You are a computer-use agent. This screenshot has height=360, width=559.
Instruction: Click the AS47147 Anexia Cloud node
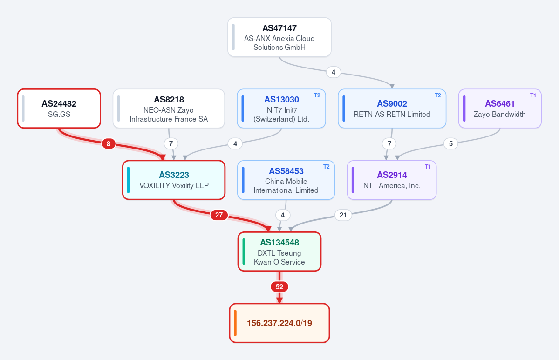point(279,37)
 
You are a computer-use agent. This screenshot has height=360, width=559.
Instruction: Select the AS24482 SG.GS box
point(59,109)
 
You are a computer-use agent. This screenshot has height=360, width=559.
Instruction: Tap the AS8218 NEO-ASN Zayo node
point(169,109)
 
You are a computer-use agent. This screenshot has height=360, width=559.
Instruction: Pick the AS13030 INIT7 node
point(281,109)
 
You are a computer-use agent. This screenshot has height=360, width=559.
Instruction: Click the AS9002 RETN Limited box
point(392,109)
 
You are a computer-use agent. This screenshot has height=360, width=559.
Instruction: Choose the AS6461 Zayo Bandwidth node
point(500,109)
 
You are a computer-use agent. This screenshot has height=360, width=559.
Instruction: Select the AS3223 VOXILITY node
point(174,180)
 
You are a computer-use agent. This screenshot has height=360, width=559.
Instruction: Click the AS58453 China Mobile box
point(286,180)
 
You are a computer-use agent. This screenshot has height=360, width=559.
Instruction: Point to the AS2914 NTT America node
point(392,180)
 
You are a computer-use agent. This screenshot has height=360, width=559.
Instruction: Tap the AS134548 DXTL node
point(279,251)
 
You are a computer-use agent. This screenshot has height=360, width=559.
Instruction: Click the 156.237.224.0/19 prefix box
point(279,323)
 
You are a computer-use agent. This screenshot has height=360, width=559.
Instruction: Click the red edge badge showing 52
point(279,287)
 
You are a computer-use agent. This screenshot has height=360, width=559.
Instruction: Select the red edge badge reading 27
point(219,215)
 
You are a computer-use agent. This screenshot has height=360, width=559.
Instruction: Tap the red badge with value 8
point(109,144)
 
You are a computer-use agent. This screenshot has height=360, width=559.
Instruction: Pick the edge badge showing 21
point(343,215)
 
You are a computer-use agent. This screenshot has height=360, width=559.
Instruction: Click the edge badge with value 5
point(451,144)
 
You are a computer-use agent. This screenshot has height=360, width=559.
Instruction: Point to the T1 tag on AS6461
point(533,95)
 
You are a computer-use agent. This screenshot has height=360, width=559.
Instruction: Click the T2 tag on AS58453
point(327,167)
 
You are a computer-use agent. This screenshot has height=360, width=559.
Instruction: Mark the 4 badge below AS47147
point(334,72)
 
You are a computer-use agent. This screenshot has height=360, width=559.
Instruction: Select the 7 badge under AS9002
point(389,144)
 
